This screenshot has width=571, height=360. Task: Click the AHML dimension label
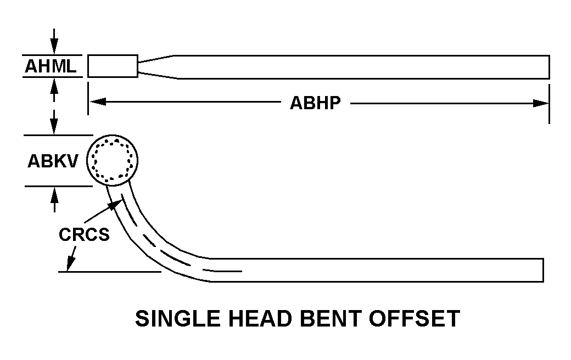tap(51, 66)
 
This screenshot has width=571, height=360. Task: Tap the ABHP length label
tap(315, 103)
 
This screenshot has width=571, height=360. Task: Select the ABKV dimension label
tap(53, 161)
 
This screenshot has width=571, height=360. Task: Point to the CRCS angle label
tap(84, 234)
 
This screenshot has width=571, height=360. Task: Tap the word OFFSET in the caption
tap(414, 318)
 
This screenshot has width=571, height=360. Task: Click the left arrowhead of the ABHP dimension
tap(98, 102)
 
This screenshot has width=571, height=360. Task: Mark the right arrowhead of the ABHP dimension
tap(540, 103)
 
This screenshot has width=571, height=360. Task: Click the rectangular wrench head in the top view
tap(113, 66)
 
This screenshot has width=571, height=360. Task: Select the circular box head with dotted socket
tap(113, 160)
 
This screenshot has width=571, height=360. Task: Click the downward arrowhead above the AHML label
tap(54, 47)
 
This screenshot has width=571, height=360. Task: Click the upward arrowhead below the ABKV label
tap(54, 195)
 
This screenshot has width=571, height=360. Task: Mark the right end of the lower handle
tap(544, 270)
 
